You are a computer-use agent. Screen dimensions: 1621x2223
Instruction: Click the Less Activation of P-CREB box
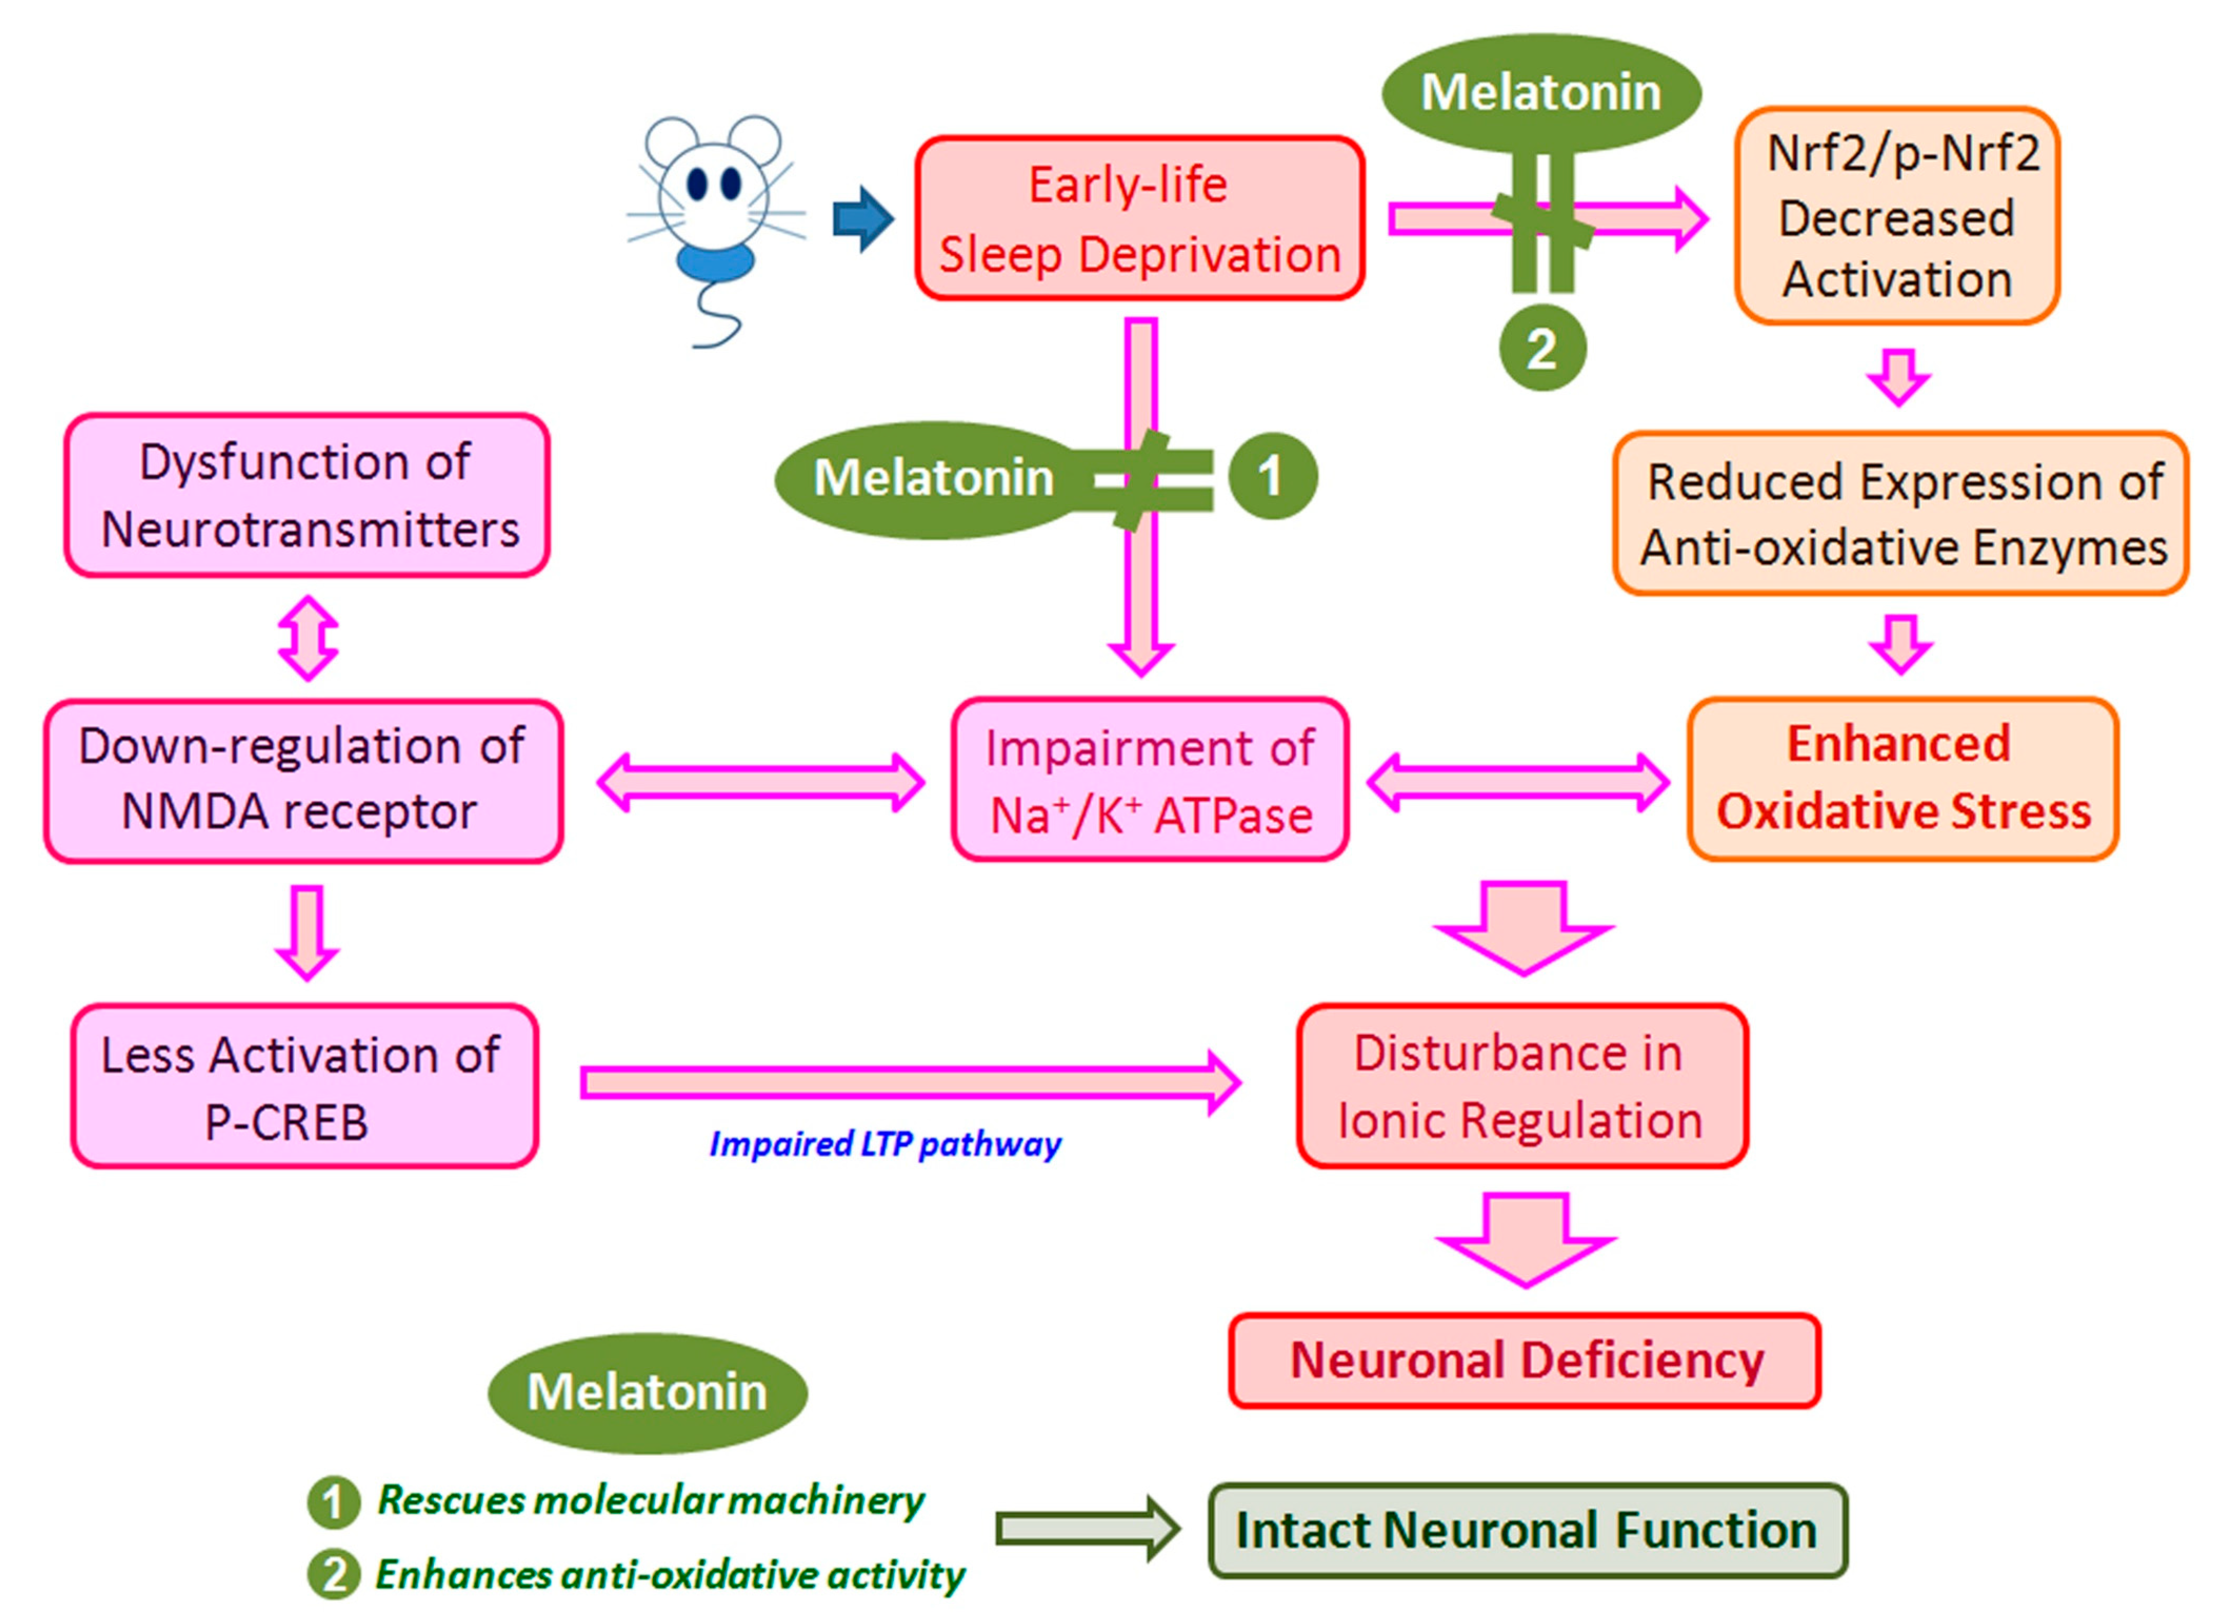point(304,1086)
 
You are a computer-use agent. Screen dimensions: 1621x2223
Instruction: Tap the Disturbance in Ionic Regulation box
point(1521,1086)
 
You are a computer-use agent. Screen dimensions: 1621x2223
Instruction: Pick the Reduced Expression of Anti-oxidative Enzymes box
point(1901,514)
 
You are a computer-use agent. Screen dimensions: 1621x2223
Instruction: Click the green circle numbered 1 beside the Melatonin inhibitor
point(1272,477)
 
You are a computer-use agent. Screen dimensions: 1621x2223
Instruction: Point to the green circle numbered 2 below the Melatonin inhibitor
point(1542,349)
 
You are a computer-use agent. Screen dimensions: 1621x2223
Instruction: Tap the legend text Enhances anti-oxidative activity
point(669,1575)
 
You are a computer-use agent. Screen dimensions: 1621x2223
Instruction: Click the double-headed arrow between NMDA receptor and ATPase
point(761,782)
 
